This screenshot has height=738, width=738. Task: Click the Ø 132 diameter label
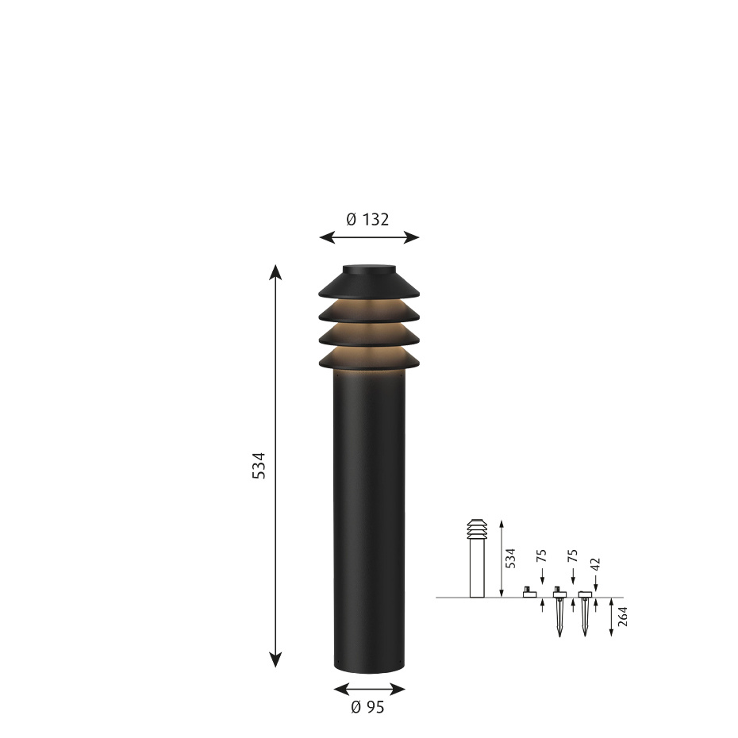point(368,220)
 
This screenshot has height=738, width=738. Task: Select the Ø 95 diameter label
point(367,707)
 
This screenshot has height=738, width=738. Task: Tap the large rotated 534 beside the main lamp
point(259,465)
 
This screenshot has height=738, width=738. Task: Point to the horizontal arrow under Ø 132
point(368,236)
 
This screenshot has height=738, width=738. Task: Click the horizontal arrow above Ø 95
point(369,689)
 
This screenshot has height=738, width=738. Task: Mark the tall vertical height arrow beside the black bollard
point(275,465)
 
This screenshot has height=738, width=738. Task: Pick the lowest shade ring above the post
point(368,359)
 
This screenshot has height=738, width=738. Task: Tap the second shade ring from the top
point(368,313)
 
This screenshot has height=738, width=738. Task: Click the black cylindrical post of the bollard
point(368,524)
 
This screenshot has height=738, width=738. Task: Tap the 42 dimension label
point(595,565)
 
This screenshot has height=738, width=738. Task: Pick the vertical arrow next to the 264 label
point(611,617)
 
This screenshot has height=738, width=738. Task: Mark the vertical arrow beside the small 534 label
point(502,558)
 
